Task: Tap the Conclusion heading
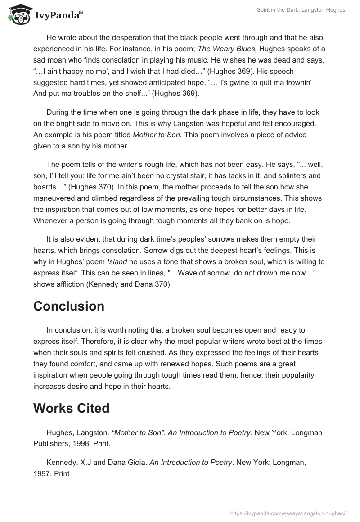69,306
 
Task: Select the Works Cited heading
72,408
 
